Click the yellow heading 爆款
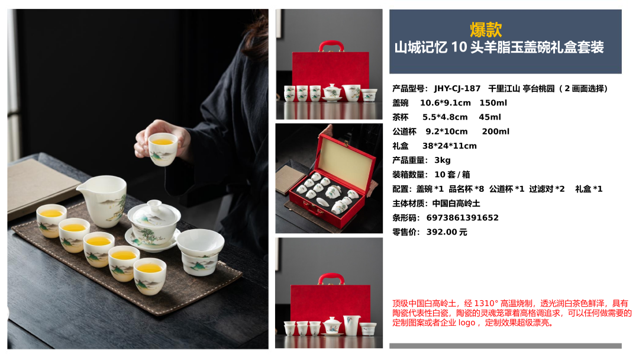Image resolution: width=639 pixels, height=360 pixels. [486, 30]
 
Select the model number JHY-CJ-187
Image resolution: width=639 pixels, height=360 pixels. [457, 88]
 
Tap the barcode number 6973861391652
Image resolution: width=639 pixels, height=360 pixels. [463, 218]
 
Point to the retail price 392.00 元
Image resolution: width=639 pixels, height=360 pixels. [447, 232]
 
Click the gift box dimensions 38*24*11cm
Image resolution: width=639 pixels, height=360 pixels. [450, 146]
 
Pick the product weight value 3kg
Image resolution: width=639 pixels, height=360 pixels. [443, 160]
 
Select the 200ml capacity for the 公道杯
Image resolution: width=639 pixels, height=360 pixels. [496, 131]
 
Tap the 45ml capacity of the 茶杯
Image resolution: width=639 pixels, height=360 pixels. [490, 117]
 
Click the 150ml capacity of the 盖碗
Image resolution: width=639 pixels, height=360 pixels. [493, 103]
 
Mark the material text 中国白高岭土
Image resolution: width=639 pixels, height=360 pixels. [456, 204]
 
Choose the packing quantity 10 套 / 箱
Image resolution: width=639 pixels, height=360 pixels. [453, 175]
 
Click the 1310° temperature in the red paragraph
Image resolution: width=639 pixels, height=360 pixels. [486, 303]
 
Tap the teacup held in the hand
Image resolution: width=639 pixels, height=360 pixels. [163, 149]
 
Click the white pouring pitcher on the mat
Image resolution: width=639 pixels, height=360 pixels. [103, 200]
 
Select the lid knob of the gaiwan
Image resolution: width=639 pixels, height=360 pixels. [154, 204]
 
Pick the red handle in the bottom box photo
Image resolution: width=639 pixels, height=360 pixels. [331, 278]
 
